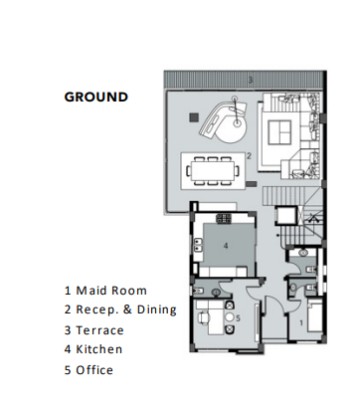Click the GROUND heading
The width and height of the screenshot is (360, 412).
(x=95, y=98)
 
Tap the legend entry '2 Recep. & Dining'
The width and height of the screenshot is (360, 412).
(x=120, y=309)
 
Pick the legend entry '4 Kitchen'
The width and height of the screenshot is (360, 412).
(x=94, y=349)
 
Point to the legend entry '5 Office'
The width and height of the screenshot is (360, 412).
(x=90, y=370)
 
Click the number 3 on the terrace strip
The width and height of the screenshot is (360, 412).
(x=251, y=80)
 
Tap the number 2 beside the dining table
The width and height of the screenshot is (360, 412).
(x=249, y=156)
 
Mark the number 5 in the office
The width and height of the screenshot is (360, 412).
(x=239, y=318)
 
